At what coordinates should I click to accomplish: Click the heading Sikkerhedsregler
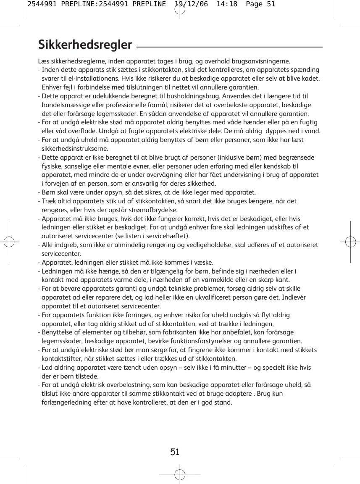click(x=85, y=45)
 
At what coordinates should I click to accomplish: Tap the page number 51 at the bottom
click(x=175, y=452)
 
